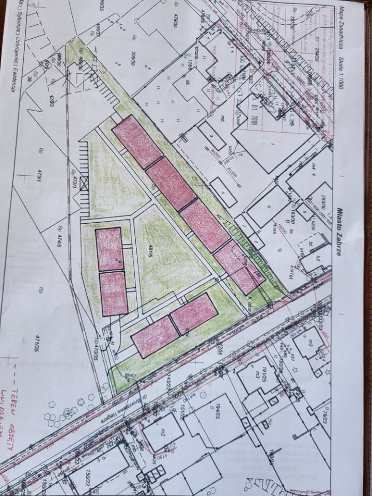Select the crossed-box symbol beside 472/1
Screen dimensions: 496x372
85,183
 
